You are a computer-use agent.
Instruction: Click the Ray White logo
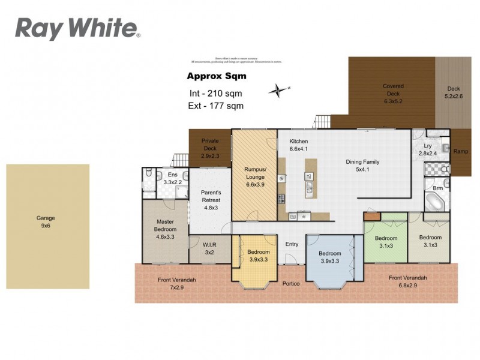pos(77,28)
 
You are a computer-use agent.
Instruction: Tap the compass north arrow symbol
pos(279,91)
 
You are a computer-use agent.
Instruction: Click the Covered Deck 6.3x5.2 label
pos(393,94)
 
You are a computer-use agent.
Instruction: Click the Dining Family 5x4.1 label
pos(362,166)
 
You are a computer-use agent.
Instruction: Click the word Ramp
pos(461,151)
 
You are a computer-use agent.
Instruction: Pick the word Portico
pos(292,283)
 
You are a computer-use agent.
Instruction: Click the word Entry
pos(292,244)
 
